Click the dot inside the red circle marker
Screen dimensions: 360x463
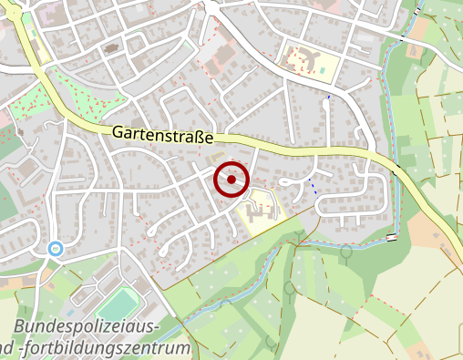tap(231, 180)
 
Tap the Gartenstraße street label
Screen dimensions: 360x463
tap(163, 135)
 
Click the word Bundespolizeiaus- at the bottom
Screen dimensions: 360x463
tap(87, 327)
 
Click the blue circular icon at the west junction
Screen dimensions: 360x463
tap(56, 247)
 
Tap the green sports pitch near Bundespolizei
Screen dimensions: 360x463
tap(117, 303)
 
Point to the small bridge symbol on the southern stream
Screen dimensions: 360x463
tap(392, 238)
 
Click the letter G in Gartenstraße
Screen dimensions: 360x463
tap(118, 131)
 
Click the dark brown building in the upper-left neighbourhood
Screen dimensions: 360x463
tap(113, 46)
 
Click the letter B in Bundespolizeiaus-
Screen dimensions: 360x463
tap(21, 327)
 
